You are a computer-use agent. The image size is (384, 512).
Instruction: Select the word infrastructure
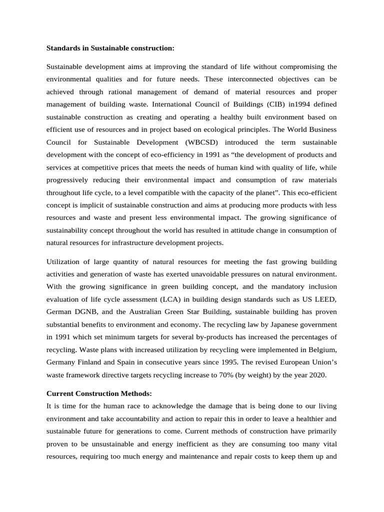click(x=136, y=243)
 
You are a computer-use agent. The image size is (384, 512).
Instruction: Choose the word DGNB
click(x=86, y=312)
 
